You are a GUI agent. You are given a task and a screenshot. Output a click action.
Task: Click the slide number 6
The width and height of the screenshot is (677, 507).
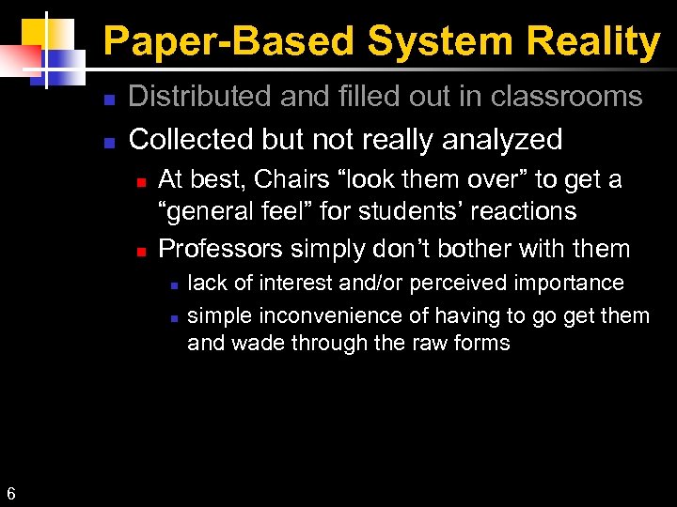point(10,493)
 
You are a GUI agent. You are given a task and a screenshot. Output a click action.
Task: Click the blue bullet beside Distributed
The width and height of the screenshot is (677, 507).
point(109,99)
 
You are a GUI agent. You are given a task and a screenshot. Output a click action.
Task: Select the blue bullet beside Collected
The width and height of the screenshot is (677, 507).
point(109,142)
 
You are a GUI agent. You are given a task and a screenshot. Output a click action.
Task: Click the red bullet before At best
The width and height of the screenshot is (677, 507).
point(140,181)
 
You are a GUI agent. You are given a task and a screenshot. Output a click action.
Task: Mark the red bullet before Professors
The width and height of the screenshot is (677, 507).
point(140,251)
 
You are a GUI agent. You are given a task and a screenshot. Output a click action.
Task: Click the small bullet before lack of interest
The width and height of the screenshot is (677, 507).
point(172,284)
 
